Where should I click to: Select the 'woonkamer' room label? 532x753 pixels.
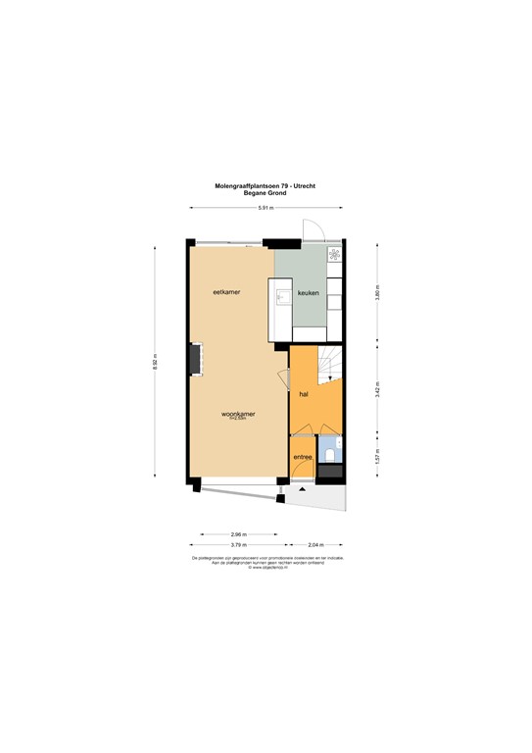[x=238, y=414]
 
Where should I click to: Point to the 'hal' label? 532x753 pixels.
[x=304, y=393]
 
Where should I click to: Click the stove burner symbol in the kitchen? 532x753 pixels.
[x=334, y=255]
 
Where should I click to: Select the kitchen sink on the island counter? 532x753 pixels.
[x=282, y=295]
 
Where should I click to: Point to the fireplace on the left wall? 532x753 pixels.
[x=198, y=359]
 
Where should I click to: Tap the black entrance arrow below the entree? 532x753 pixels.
[x=303, y=487]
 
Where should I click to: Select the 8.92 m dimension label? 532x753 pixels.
[x=154, y=363]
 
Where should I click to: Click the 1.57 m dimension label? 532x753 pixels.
[x=377, y=456]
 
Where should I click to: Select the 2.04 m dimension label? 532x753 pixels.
[x=315, y=544]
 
